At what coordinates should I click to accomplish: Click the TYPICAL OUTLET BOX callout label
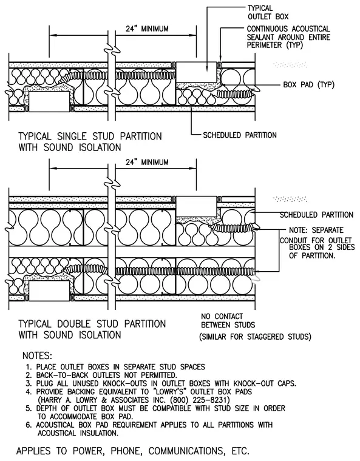coord(268,12)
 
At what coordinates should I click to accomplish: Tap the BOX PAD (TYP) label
coord(309,85)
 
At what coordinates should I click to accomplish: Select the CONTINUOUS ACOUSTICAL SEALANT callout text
coord(288,37)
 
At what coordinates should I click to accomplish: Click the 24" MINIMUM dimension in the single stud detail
coord(147,29)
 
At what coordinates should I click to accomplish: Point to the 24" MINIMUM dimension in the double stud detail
coord(147,163)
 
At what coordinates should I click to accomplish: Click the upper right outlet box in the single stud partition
coord(196,72)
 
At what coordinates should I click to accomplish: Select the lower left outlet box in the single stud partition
coord(49,102)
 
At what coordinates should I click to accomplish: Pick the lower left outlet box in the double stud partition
coord(49,291)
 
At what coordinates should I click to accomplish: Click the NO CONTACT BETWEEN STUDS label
coord(228,321)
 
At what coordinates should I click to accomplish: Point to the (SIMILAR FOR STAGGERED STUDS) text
coord(255,337)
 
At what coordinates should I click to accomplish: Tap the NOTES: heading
coord(37,355)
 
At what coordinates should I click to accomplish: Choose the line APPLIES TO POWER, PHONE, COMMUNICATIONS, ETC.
coord(133,451)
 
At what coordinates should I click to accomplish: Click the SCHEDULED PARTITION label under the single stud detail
coord(240,135)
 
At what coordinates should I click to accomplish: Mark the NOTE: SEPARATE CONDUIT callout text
coord(317,243)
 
